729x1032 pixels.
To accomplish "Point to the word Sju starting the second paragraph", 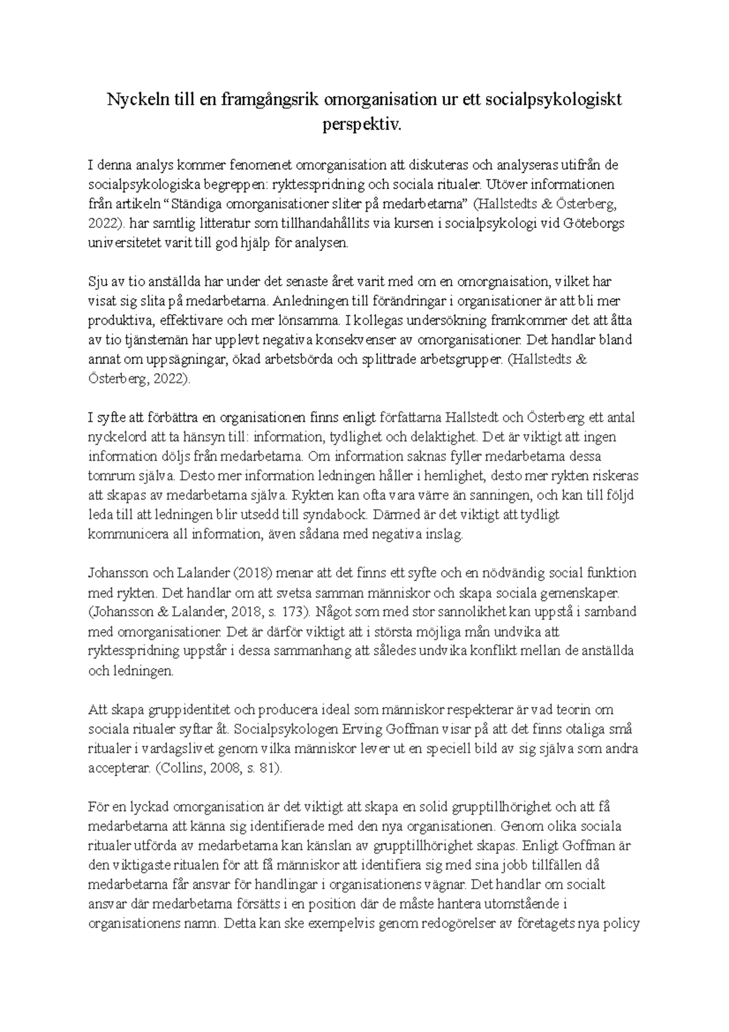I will coord(98,281).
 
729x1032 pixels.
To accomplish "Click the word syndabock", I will coord(333,515).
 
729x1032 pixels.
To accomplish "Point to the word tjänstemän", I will coord(157,340).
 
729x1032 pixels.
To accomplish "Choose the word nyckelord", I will coord(116,437).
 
